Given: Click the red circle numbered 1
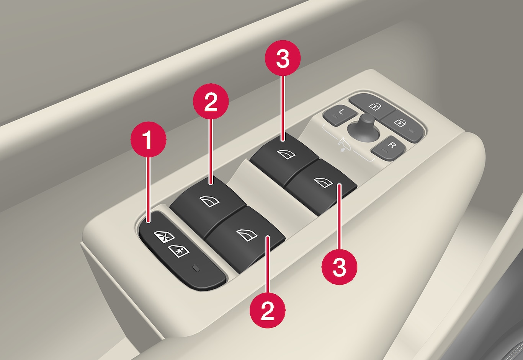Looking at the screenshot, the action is coord(148,139).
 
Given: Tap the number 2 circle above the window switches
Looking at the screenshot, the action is coord(211,101).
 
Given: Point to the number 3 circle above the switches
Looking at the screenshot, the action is coord(283,58).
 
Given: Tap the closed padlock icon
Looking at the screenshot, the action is coord(399,122).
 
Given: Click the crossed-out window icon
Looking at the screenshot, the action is coord(164,237).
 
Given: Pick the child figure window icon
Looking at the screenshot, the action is coord(179,251).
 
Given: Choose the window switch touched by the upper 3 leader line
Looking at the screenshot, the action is coord(284,155).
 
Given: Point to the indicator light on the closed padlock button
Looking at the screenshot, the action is coord(412,131).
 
